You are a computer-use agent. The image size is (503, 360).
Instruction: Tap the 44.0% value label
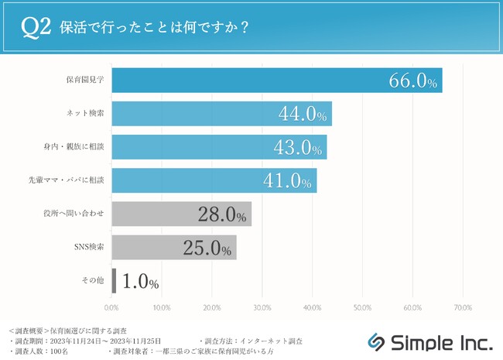pos(303,115)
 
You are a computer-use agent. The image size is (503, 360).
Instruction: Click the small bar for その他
pos(115,280)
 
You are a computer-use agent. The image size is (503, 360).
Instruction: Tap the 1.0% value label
pos(140,281)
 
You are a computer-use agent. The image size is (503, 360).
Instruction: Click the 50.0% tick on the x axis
pos(362,308)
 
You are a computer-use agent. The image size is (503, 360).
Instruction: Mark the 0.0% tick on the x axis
pos(111,308)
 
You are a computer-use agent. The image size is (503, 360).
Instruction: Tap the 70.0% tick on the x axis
pos(462,308)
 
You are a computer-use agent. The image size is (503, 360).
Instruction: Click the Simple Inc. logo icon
pos(375,341)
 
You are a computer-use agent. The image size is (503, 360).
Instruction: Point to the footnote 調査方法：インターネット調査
pos(251,341)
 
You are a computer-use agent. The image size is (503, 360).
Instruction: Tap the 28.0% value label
pos(223,214)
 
